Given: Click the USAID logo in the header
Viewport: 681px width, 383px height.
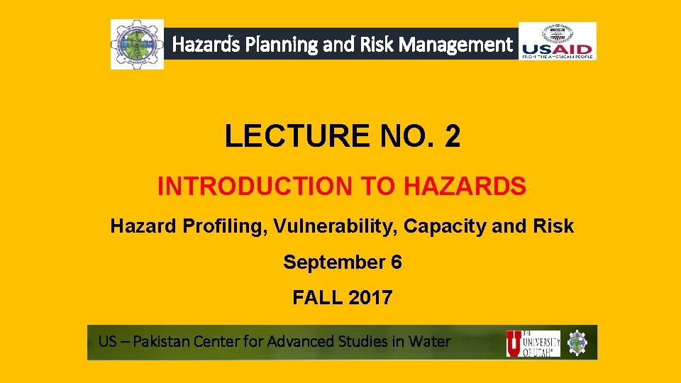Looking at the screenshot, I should click(x=558, y=41).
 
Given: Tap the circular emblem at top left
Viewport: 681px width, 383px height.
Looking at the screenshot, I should click(x=137, y=44).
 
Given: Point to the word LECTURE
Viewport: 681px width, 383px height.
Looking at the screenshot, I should click(x=292, y=136).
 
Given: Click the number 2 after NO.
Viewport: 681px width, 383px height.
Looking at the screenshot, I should click(x=453, y=136).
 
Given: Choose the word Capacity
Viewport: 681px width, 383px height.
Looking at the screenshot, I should click(x=449, y=226).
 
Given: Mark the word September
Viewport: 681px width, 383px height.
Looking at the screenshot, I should click(x=333, y=262).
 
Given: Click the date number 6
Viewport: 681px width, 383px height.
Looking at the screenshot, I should click(x=396, y=262).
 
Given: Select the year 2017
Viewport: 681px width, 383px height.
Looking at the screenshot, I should click(x=370, y=298).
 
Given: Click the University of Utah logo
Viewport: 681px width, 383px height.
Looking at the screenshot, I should click(x=533, y=343).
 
